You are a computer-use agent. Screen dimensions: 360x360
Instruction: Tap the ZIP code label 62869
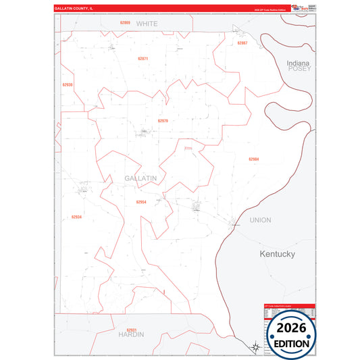click(x=125, y=23)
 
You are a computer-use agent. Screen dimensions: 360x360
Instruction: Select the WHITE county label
click(x=147, y=24)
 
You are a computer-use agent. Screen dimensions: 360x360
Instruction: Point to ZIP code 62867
click(x=242, y=43)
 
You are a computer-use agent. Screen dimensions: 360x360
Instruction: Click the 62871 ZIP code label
click(x=143, y=59)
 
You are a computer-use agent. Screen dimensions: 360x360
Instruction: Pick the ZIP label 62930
click(x=67, y=85)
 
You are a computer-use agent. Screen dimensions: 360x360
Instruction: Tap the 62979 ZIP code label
click(x=163, y=121)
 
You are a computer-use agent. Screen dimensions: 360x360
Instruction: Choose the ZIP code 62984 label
click(x=253, y=159)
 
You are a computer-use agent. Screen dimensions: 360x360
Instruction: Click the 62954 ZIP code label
click(x=140, y=202)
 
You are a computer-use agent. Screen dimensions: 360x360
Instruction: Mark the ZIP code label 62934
click(x=76, y=217)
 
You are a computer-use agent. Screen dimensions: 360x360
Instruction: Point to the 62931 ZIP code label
click(x=132, y=330)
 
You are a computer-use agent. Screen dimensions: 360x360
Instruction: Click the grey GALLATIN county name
click(x=140, y=178)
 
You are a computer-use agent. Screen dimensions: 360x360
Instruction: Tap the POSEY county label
click(x=298, y=69)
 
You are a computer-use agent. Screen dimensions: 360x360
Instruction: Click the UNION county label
click(x=260, y=220)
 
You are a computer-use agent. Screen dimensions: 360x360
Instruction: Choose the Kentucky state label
click(x=278, y=254)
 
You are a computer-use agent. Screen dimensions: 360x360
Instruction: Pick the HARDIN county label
click(x=131, y=335)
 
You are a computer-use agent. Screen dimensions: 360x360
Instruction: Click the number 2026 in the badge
click(x=292, y=328)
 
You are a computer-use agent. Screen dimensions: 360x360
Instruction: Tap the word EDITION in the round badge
click(x=292, y=342)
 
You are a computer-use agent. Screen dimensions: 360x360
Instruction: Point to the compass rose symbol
click(x=254, y=346)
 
